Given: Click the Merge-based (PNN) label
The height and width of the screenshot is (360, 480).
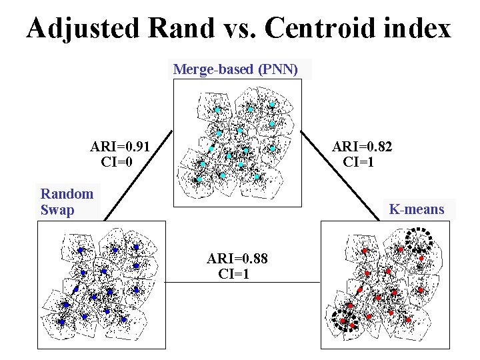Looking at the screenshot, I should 235,69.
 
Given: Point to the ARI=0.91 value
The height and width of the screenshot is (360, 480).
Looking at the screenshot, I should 120,147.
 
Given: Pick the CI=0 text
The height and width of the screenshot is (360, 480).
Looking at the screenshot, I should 117,161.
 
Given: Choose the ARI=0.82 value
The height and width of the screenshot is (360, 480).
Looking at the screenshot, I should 362,147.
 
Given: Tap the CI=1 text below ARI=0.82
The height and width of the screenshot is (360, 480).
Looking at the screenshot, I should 359,161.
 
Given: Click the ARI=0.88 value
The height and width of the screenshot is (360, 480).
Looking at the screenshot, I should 237,259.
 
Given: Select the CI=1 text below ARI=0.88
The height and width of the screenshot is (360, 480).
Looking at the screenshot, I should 234,273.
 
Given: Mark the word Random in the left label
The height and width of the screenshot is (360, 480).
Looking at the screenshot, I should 67,194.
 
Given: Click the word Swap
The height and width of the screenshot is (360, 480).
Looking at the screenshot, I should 57,210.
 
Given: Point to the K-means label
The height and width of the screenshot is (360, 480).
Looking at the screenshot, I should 417,210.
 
